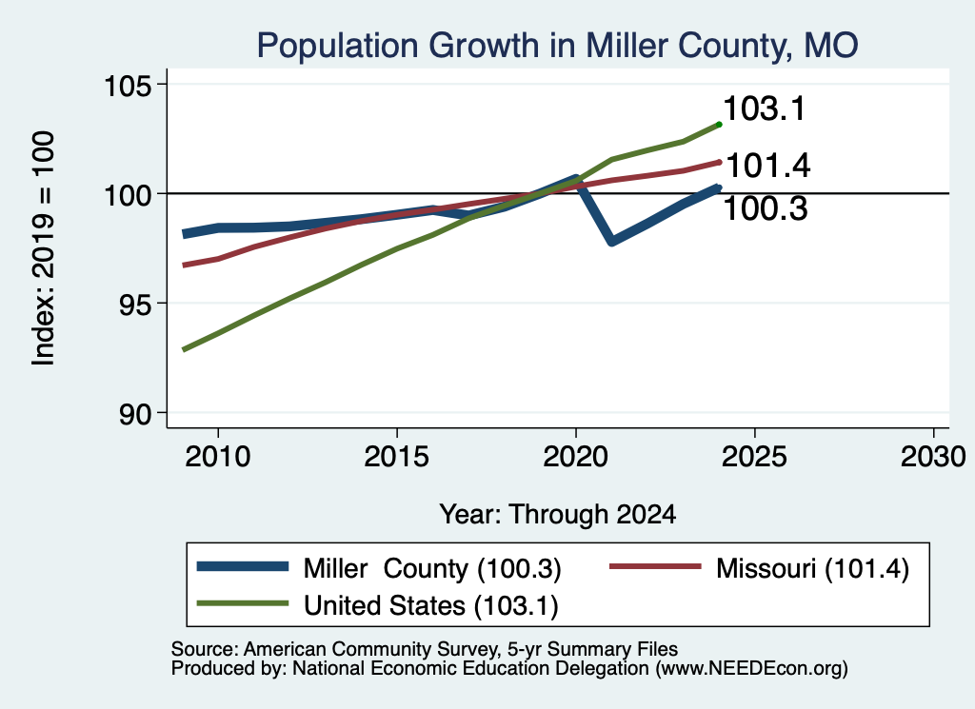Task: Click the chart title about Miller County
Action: pos(557,46)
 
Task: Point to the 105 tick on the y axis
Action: pos(128,85)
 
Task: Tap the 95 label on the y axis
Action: pos(135,304)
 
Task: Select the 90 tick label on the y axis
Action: pos(135,414)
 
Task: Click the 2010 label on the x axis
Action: pos(218,457)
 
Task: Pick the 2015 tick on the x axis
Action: pos(397,457)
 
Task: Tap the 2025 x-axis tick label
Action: pos(754,457)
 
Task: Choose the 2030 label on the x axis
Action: pos(933,457)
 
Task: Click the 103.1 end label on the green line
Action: pos(765,108)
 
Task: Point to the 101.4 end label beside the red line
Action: pos(768,166)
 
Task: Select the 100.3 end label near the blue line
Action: pos(766,208)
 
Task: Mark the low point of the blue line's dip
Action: pos(612,241)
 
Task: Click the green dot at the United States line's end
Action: pos(720,125)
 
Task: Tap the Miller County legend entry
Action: pos(379,568)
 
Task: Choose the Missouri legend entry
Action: pos(759,568)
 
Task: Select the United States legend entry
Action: pos(377,605)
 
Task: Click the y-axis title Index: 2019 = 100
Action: pos(44,248)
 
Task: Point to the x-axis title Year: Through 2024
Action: pos(558,515)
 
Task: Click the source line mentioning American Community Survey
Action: pos(424,649)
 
